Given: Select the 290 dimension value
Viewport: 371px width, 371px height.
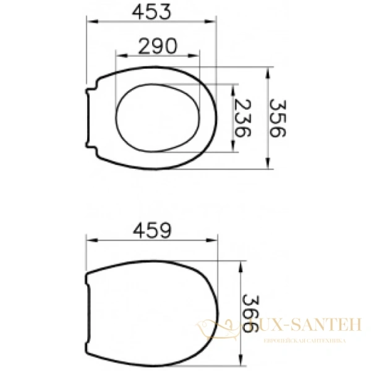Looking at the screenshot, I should click(157, 45).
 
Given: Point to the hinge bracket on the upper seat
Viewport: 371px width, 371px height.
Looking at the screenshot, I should click(90, 118).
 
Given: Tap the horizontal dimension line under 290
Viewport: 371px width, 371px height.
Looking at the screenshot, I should click(158, 56).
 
